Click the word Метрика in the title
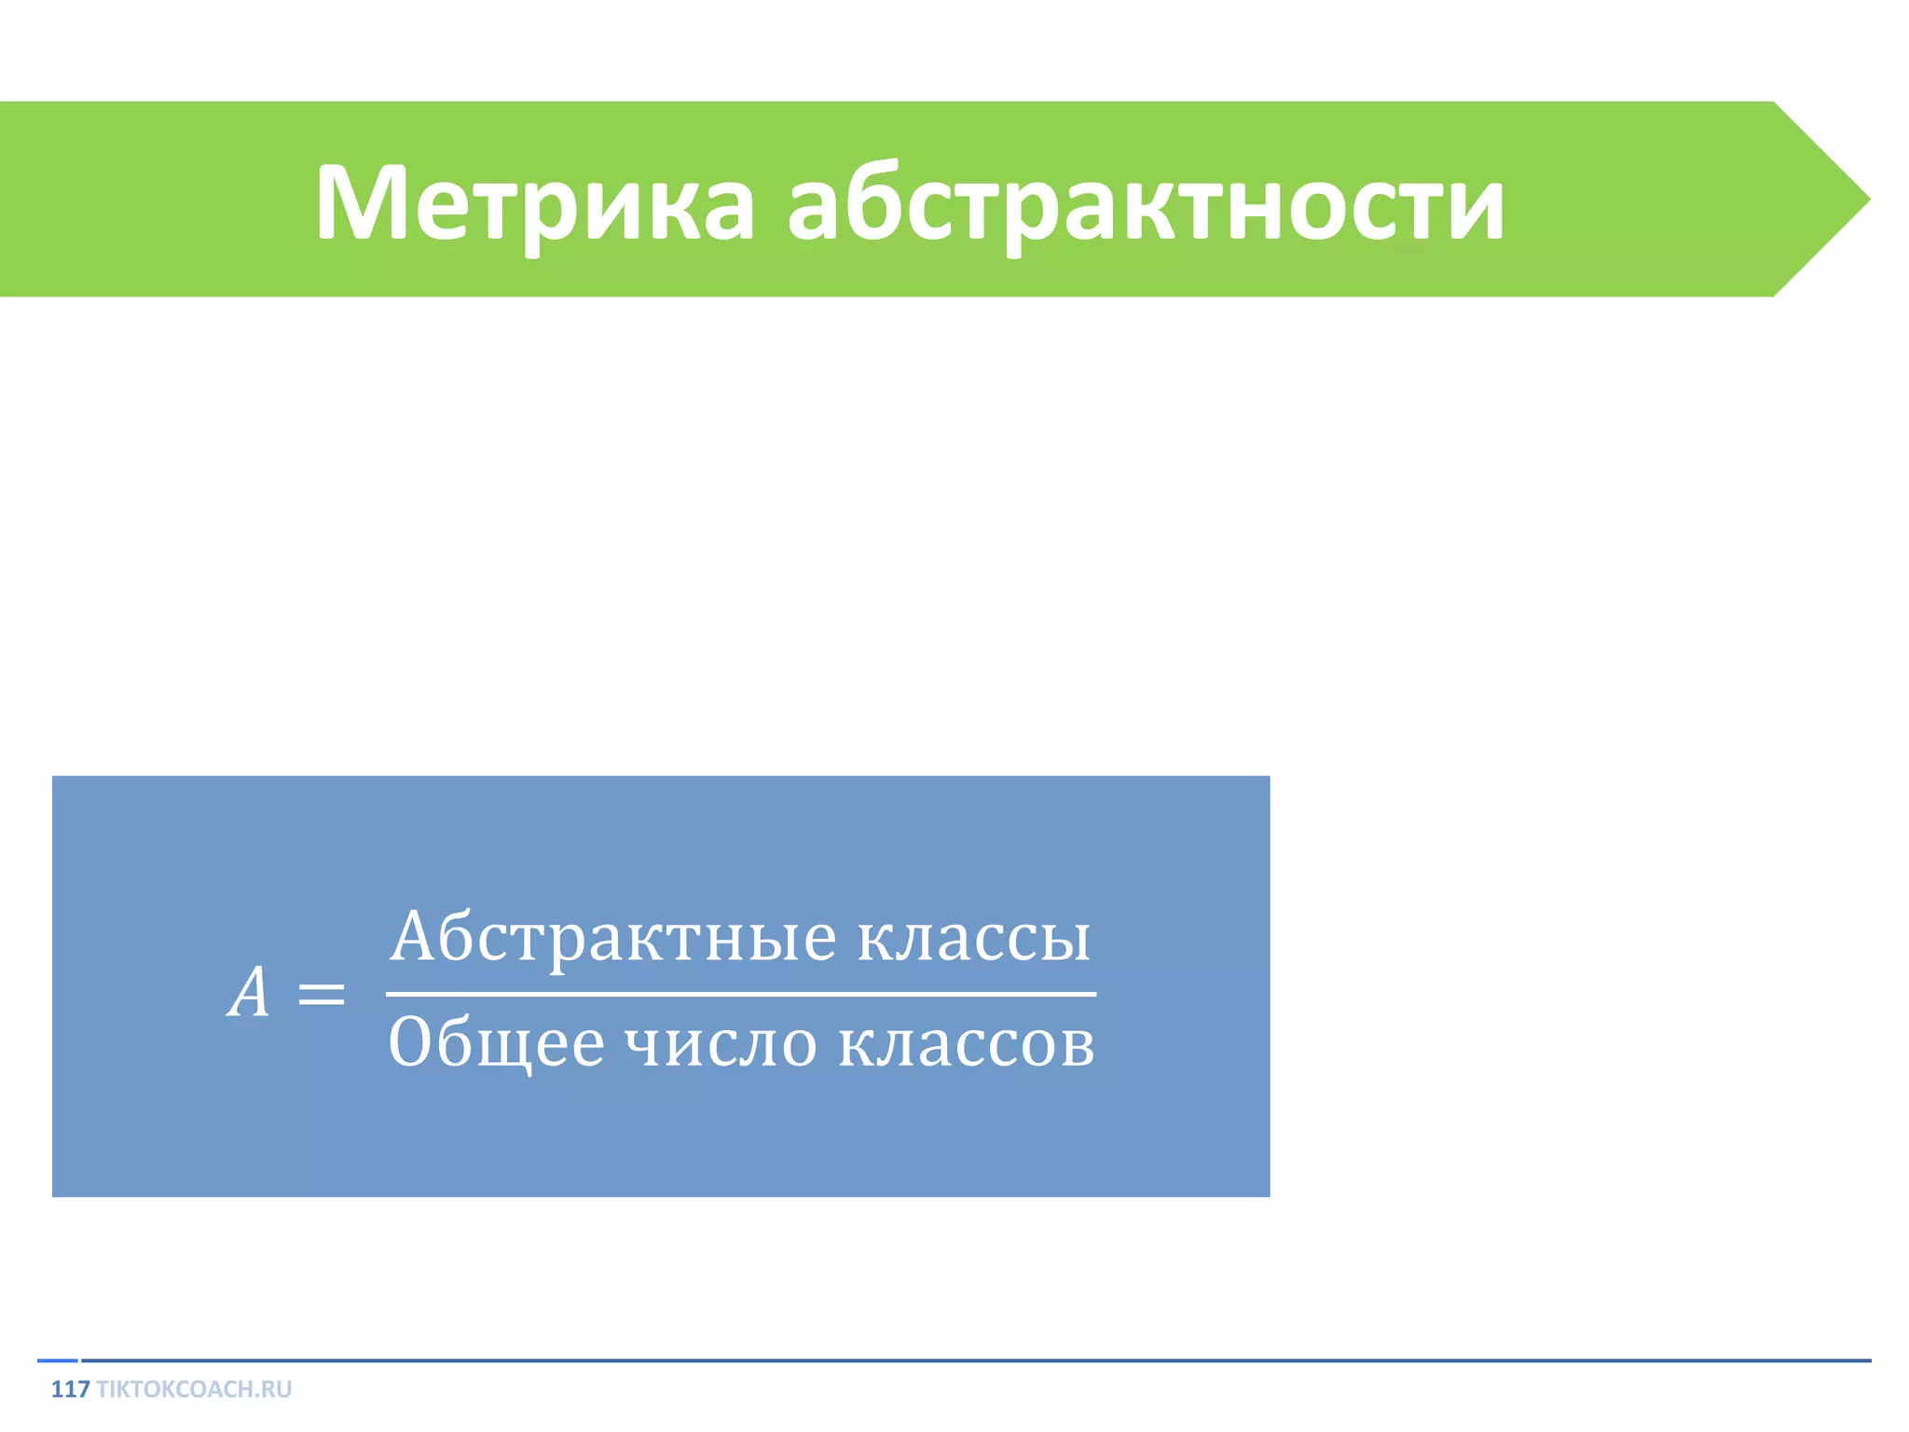[534, 202]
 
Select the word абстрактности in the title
[1146, 202]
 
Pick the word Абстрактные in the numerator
[613, 937]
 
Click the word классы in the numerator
[973, 937]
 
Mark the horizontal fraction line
[741, 994]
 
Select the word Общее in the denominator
[496, 1042]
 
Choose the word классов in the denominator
[967, 1042]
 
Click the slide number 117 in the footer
[70, 1389]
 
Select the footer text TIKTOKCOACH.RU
[194, 1389]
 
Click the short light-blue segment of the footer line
[57, 1360]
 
